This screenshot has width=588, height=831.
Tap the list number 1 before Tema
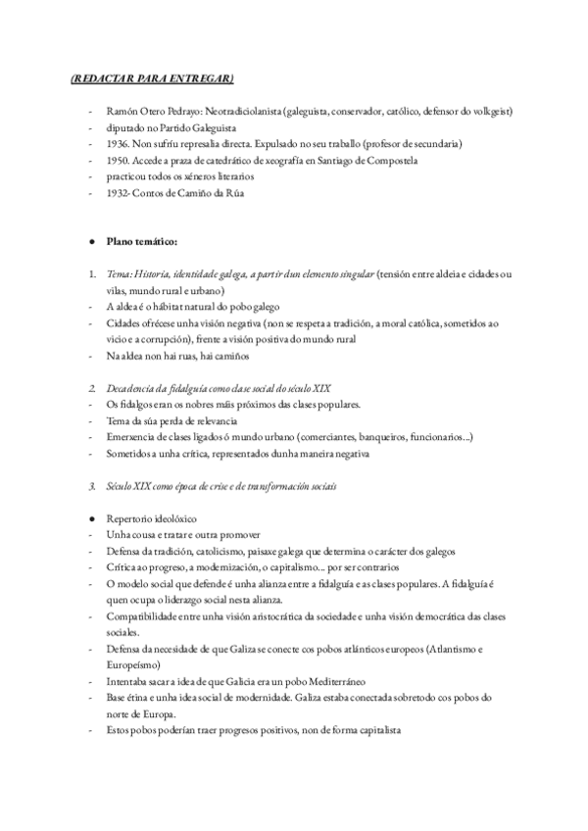pos(90,274)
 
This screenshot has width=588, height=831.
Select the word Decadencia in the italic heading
pos(130,387)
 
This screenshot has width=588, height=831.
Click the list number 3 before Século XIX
pos(90,485)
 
